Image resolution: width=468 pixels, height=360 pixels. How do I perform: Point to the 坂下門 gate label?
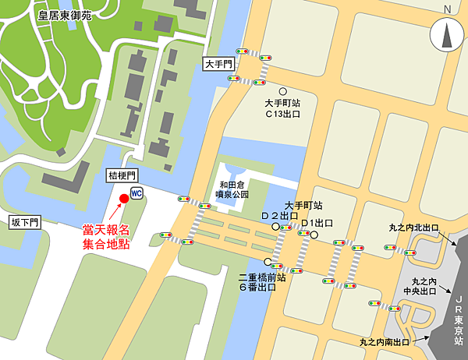pyautogui.click(x=24, y=222)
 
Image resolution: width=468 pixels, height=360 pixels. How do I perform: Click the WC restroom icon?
pyautogui.click(x=136, y=192)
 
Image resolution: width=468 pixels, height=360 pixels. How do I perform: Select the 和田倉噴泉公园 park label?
pyautogui.click(x=233, y=189)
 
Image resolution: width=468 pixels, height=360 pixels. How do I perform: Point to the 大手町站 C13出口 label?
pyautogui.click(x=282, y=108)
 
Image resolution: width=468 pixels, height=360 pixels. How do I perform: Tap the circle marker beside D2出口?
pyautogui.click(x=275, y=227)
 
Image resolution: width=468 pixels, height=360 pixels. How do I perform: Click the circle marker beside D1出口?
pyautogui.click(x=315, y=234)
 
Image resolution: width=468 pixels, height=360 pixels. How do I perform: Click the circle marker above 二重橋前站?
pyautogui.click(x=268, y=262)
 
